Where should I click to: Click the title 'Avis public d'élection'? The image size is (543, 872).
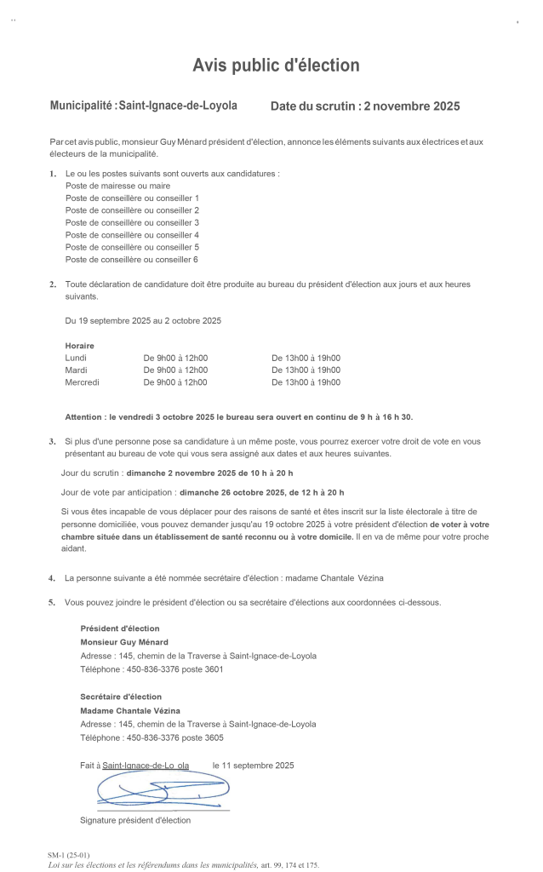pyautogui.click(x=276, y=66)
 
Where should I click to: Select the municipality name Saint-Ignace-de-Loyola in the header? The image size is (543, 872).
pyautogui.click(x=178, y=106)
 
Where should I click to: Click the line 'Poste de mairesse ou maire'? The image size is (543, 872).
pyautogui.click(x=117, y=186)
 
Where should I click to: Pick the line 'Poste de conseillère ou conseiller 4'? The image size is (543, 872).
pyautogui.click(x=132, y=235)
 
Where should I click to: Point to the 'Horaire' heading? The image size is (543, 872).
pyautogui.click(x=79, y=346)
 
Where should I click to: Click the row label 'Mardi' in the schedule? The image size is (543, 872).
pyautogui.click(x=77, y=370)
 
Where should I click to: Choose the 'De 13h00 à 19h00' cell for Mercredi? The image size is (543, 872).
pyautogui.click(x=306, y=382)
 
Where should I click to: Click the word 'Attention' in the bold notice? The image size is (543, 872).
pyautogui.click(x=86, y=416)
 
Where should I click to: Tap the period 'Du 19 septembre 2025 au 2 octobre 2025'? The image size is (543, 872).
pyautogui.click(x=143, y=321)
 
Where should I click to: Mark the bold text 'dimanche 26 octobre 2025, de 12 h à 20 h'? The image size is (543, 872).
pyautogui.click(x=261, y=492)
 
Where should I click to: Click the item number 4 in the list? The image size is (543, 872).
pyautogui.click(x=52, y=578)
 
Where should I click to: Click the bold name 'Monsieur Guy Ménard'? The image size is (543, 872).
pyautogui.click(x=124, y=642)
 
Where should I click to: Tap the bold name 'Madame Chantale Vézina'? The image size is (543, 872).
pyautogui.click(x=130, y=710)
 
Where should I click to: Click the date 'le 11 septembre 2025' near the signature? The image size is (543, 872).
pyautogui.click(x=253, y=766)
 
